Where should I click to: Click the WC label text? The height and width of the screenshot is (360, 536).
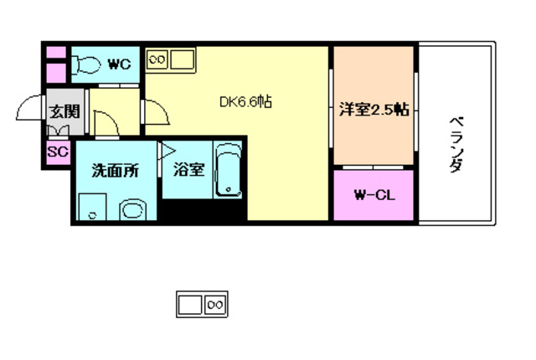[x=119, y=64]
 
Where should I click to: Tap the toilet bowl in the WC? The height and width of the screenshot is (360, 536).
[x=87, y=64]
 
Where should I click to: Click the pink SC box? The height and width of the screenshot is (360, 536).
[x=58, y=152]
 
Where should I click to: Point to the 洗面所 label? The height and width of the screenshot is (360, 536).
[x=115, y=169]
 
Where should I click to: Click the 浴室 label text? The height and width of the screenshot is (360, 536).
[x=188, y=169]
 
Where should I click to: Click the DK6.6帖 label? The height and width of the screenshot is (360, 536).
[x=245, y=102]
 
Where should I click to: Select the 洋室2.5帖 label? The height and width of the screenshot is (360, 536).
[x=374, y=108]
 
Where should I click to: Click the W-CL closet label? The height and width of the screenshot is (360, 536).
[x=374, y=196]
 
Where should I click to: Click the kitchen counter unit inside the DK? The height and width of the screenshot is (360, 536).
[x=170, y=60]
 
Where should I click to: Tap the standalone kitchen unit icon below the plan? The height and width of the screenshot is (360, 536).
[x=202, y=304]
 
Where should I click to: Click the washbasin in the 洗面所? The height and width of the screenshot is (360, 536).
[x=132, y=209]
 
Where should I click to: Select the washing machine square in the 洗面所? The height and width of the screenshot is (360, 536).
[x=90, y=208]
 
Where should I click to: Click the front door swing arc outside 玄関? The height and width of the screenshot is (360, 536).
[x=29, y=109]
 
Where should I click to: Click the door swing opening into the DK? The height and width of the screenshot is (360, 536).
[x=155, y=111]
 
